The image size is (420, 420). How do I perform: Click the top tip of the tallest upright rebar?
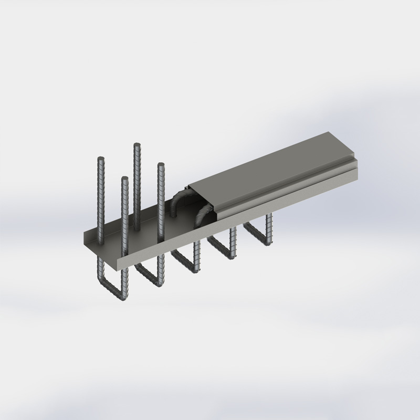pyautogui.click(x=136, y=144)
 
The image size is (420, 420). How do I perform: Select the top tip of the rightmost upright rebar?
pyautogui.click(x=161, y=166)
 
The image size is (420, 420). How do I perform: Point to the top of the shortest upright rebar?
pyautogui.click(x=124, y=179)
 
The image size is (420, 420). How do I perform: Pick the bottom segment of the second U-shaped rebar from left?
pyautogui.click(x=149, y=275)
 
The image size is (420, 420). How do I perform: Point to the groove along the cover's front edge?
pyautogui.click(x=283, y=184)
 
